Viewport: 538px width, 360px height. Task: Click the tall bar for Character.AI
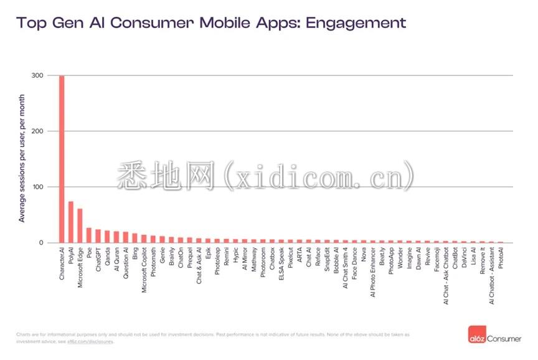pos(62,159)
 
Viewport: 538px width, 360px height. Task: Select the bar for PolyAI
pos(71,222)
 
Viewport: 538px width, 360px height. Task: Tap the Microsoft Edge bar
pos(80,225)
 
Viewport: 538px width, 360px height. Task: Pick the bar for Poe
pos(89,235)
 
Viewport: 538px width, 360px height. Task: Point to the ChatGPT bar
pos(98,236)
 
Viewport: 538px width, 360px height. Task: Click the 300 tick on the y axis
pos(38,75)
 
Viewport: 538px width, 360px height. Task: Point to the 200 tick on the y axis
pos(38,131)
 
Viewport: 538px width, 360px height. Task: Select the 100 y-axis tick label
pos(38,187)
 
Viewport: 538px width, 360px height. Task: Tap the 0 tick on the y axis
pos(42,242)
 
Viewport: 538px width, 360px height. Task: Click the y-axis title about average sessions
pos(22,159)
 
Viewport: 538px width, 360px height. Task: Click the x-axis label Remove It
pos(483,263)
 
